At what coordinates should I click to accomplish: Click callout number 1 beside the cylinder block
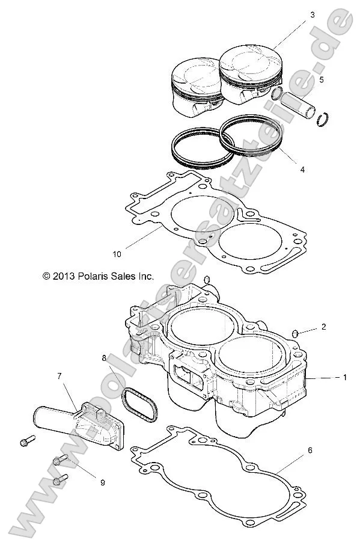click(345, 378)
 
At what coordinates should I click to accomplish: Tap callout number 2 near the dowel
click(323, 327)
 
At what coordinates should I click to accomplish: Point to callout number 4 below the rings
click(302, 170)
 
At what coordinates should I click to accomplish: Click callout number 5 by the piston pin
click(322, 79)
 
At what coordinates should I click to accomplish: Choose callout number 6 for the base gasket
click(309, 451)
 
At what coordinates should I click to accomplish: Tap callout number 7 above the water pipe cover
click(60, 376)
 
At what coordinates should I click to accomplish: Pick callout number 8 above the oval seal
click(104, 358)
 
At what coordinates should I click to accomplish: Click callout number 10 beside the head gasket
click(117, 254)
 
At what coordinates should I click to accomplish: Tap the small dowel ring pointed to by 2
click(295, 333)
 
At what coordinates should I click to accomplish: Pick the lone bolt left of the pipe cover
click(25, 441)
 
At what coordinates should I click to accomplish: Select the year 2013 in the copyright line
click(63, 276)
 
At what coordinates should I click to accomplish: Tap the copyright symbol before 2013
click(46, 276)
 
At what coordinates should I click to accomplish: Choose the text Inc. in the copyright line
click(145, 276)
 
